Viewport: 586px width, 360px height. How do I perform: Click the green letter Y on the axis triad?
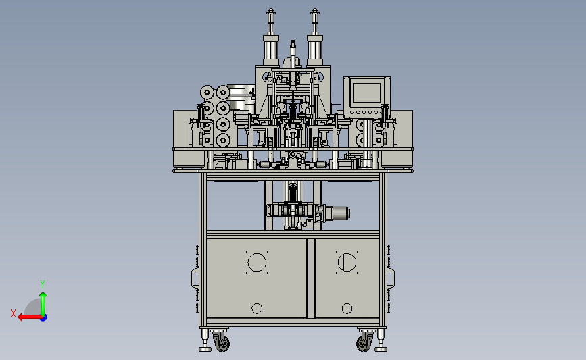click(43, 284)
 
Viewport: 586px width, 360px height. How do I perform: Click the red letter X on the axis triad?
click(14, 313)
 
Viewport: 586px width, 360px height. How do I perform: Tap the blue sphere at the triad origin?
click(43, 317)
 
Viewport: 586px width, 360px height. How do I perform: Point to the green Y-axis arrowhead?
click(43, 295)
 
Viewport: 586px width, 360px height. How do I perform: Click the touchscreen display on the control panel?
click(366, 93)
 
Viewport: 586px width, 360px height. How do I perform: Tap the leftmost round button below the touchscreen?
click(351, 112)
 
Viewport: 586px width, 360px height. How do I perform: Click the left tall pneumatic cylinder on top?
click(271, 36)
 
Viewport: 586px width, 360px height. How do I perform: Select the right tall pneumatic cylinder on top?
click(315, 36)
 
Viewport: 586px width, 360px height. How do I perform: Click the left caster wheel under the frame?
click(221, 341)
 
